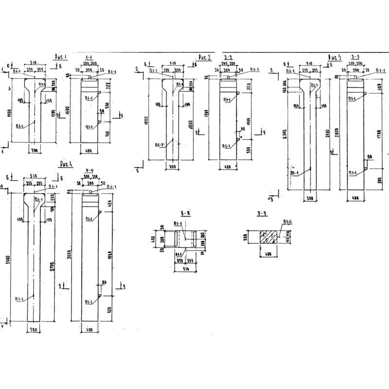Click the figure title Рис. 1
[x=60, y=57]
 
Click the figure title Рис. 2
[x=205, y=58]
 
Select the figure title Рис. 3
[x=336, y=57]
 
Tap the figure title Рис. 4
[x=65, y=164]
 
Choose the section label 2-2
[x=228, y=57]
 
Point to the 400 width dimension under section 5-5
[x=267, y=254]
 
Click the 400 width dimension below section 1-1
[x=88, y=151]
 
